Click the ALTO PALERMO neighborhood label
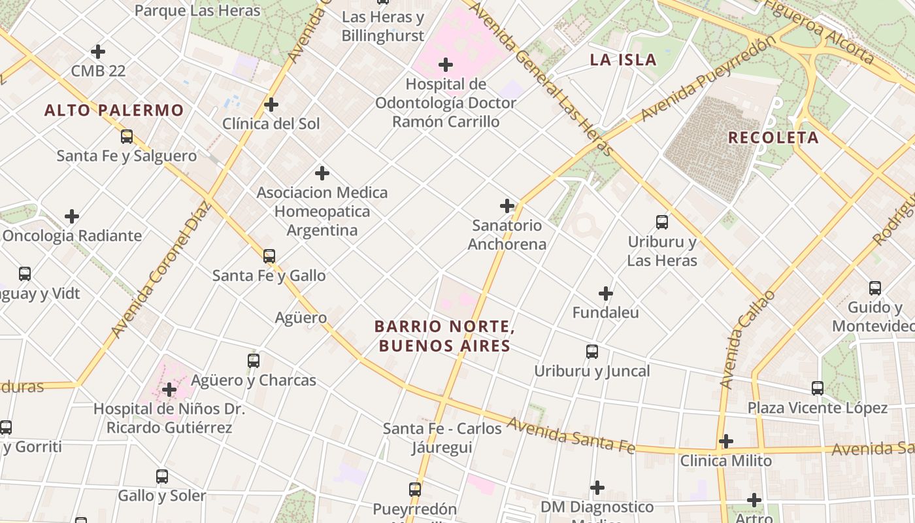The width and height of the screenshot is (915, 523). tap(114, 110)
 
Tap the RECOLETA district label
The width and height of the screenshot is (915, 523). tap(773, 137)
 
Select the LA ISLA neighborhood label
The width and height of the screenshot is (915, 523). tap(623, 59)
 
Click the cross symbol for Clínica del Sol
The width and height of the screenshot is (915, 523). tap(271, 105)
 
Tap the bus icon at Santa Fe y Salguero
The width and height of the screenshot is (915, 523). tap(127, 137)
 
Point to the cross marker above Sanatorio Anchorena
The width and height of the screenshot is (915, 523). tap(507, 206)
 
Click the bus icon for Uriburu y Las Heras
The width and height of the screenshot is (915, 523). tap(662, 222)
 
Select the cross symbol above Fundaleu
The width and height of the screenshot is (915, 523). tap(606, 294)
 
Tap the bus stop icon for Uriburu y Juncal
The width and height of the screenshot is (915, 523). tap(592, 352)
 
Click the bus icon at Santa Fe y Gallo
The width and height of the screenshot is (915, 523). tap(269, 256)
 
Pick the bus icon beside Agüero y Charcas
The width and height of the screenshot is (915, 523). tap(254, 360)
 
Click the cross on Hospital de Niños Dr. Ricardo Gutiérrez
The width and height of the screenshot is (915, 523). tap(169, 390)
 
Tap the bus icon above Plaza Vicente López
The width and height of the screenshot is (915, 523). tap(818, 388)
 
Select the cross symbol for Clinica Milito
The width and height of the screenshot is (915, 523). tap(726, 441)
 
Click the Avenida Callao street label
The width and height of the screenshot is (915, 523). tap(746, 340)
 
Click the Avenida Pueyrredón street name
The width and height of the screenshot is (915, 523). tap(708, 78)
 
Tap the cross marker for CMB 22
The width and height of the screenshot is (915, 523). tap(98, 51)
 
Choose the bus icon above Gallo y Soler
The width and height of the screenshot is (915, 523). tap(162, 477)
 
